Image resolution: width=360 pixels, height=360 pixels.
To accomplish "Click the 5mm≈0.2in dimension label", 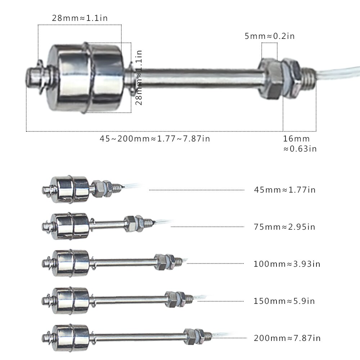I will [270, 36].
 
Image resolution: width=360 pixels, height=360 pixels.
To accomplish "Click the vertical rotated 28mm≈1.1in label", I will [139, 77].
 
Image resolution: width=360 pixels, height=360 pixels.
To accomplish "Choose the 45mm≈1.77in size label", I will [285, 190].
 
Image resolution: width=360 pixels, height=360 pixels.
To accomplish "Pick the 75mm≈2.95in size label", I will [284, 227].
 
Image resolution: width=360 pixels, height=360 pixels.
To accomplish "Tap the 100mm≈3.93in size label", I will [287, 264].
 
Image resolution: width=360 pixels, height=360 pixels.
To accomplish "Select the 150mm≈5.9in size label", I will [284, 301].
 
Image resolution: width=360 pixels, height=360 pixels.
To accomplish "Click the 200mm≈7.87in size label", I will [287, 338].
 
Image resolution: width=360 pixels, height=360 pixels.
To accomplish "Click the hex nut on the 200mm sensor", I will [190, 336].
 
